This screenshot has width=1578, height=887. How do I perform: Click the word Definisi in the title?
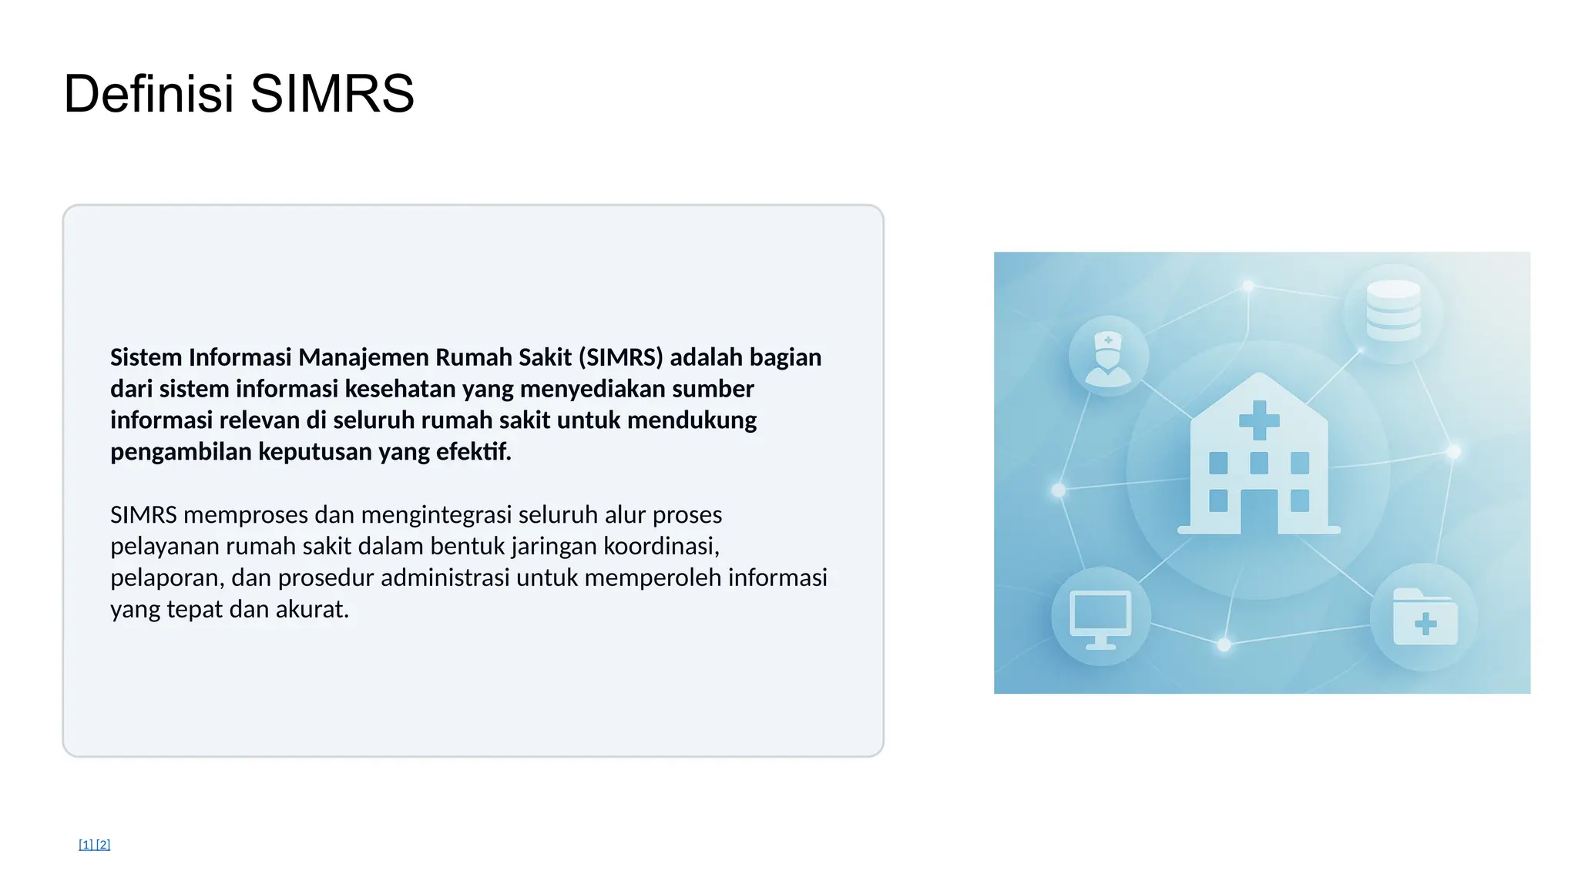click(x=148, y=94)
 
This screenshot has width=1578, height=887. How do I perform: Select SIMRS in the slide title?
click(x=332, y=94)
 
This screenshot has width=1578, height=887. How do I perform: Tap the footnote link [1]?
click(x=86, y=844)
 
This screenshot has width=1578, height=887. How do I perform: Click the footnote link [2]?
click(x=103, y=844)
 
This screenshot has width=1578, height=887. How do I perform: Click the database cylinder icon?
click(x=1393, y=310)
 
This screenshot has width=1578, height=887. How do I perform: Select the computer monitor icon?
click(x=1100, y=618)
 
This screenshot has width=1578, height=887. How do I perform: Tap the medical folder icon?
click(x=1425, y=618)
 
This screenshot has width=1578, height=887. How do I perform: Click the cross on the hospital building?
click(x=1259, y=420)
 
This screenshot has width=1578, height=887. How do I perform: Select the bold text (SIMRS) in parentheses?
click(x=620, y=357)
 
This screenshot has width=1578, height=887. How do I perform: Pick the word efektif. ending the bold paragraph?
click(x=473, y=451)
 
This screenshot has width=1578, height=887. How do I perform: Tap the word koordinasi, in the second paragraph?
click(x=661, y=546)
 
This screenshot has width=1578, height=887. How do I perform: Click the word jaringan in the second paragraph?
click(x=553, y=546)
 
